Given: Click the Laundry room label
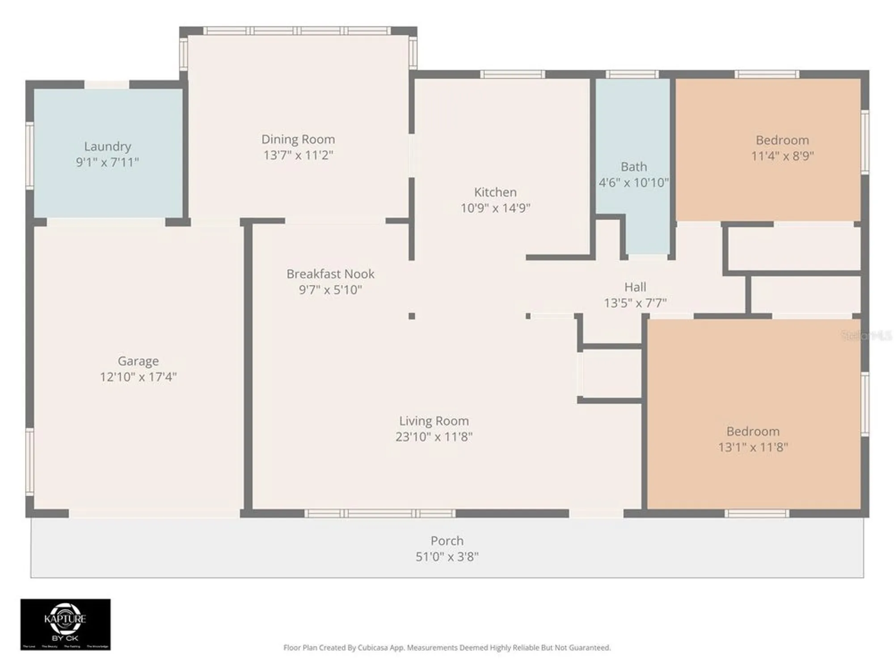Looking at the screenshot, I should [x=107, y=147].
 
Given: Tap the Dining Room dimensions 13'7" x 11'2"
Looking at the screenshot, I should [x=298, y=155].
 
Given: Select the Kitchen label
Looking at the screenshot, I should [x=495, y=192].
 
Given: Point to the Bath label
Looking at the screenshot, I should [x=633, y=167].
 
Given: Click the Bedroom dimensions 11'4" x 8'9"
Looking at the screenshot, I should [x=782, y=156].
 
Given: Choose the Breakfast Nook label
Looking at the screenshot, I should [x=330, y=274].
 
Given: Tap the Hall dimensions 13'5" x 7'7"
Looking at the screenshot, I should [x=635, y=303].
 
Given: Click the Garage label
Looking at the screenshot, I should [x=138, y=361].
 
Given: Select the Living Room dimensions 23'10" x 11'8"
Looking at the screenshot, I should [x=434, y=437].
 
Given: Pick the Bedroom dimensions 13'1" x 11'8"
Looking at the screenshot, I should [x=753, y=448].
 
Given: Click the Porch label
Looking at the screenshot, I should [x=447, y=541].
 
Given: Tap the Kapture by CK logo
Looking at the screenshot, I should [x=65, y=624].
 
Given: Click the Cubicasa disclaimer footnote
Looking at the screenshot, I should [x=447, y=648].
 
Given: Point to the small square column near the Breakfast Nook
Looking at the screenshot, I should [x=412, y=316].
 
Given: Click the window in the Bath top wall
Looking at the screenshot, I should [x=632, y=74].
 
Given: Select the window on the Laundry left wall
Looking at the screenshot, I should [x=30, y=155].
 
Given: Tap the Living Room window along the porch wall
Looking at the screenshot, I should [x=380, y=514].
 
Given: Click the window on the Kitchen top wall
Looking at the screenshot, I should [x=513, y=74].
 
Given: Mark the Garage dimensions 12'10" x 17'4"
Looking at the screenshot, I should [x=138, y=377].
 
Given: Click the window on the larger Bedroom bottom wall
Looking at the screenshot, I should [x=756, y=514].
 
